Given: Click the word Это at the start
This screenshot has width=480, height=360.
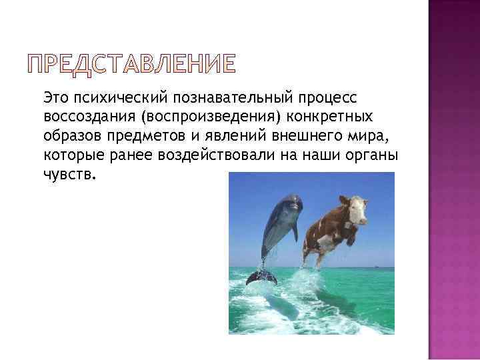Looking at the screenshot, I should pyautogui.click(x=57, y=98).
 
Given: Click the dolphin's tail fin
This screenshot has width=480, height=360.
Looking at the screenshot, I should pyautogui.click(x=261, y=275).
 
